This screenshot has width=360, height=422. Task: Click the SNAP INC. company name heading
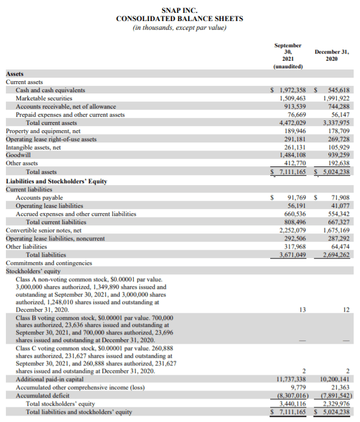179,10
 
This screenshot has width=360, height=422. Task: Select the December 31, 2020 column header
331,55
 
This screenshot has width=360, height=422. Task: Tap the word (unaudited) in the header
288,67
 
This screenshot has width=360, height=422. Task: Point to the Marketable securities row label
44,99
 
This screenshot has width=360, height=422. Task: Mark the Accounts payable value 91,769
296,198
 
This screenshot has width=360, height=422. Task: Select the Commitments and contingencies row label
49,263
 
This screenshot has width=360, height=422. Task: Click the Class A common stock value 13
302,309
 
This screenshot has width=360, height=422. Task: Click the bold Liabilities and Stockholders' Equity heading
57,181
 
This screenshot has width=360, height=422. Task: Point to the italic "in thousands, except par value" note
179,27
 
